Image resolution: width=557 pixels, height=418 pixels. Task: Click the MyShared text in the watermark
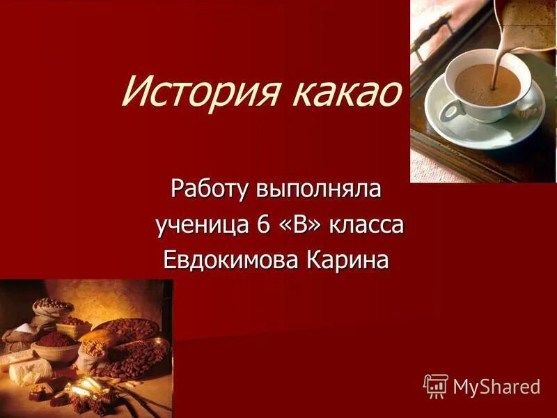tap(496, 387)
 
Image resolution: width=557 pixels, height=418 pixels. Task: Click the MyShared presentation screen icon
tap(435, 385)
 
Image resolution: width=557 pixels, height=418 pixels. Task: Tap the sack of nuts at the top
tap(52, 307)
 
